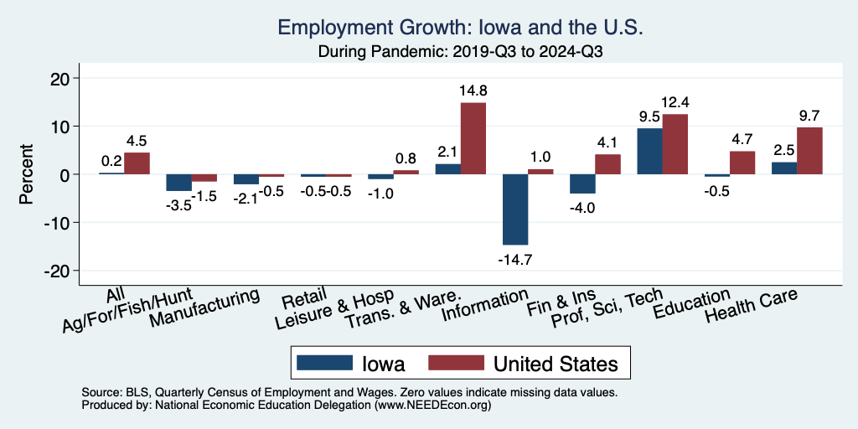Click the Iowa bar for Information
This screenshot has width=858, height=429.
pyautogui.click(x=514, y=209)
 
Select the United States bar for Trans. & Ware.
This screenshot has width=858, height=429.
pyautogui.click(x=473, y=138)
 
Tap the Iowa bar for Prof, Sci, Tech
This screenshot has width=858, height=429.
pyautogui.click(x=649, y=151)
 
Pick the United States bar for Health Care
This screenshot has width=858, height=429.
pyautogui.click(x=809, y=151)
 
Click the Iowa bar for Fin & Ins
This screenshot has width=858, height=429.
pyautogui.click(x=581, y=183)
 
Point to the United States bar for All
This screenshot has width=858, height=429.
pyautogui.click(x=137, y=163)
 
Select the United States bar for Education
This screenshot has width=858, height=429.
pyautogui.click(x=742, y=163)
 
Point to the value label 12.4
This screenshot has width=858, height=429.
pyautogui.click(x=675, y=102)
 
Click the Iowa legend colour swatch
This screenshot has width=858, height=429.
pyautogui.click(x=323, y=364)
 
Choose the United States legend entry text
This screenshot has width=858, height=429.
pyautogui.click(x=556, y=364)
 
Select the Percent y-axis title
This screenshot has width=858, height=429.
pyautogui.click(x=26, y=174)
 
